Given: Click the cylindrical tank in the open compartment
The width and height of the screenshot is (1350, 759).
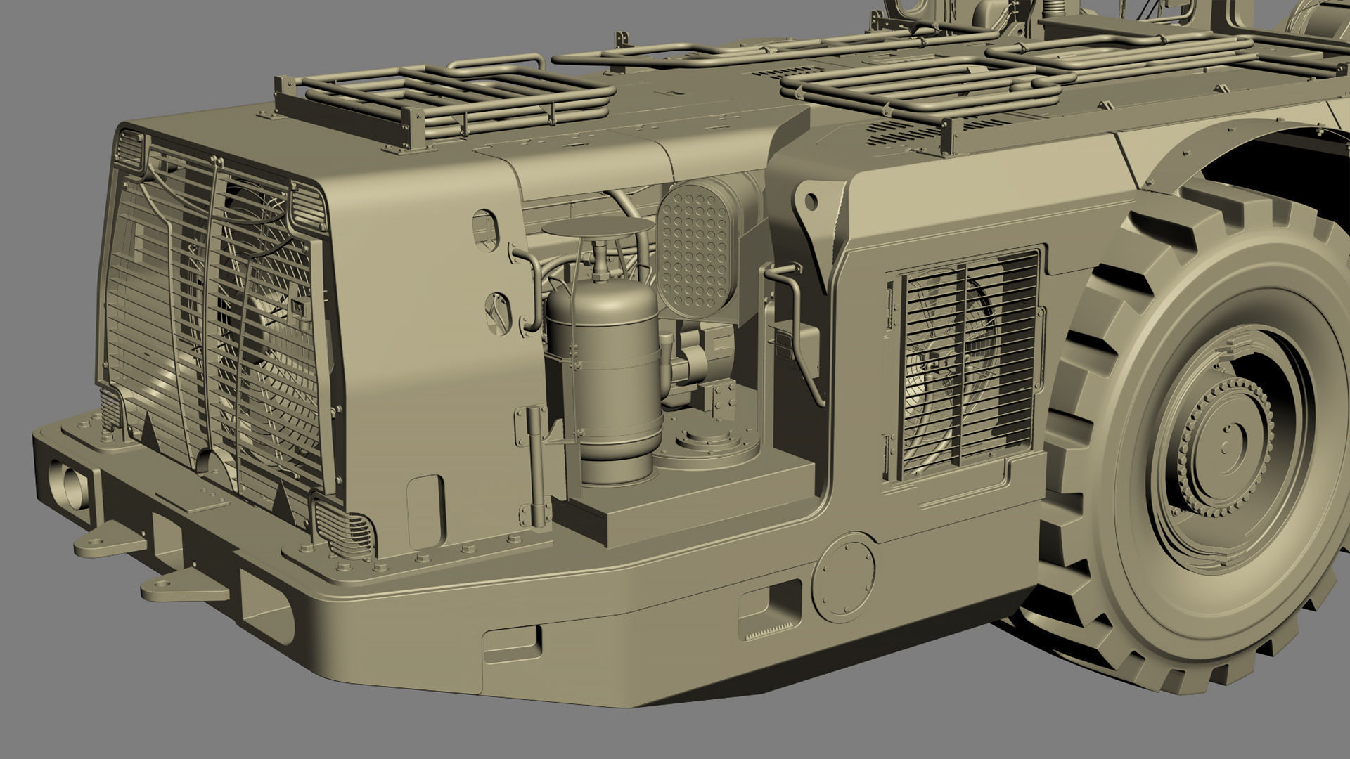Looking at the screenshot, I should pos(603,365).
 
